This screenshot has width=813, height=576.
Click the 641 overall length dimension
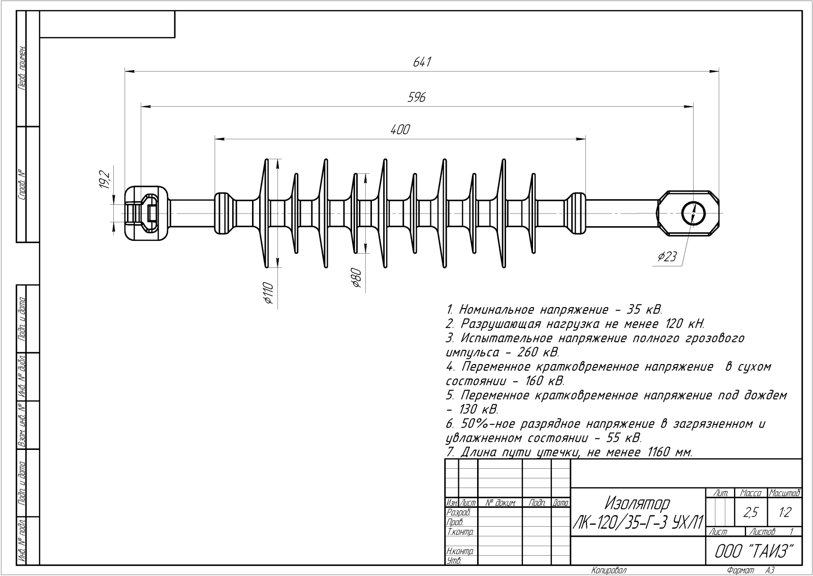coord(422,62)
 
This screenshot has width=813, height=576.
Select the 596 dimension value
coord(416,97)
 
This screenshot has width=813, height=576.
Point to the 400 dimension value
coord(400,130)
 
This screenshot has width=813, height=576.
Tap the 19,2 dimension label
coord(104,180)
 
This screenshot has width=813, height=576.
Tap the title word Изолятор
coord(637,503)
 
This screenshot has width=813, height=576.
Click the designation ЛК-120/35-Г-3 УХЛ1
coord(637,522)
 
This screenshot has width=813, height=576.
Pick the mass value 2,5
coord(751,512)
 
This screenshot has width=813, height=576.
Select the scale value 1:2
coord(785,512)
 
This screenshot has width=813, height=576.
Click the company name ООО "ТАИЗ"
coord(754,551)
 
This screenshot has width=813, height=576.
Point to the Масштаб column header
coord(785,493)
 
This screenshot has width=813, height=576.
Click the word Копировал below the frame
coord(609,570)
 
